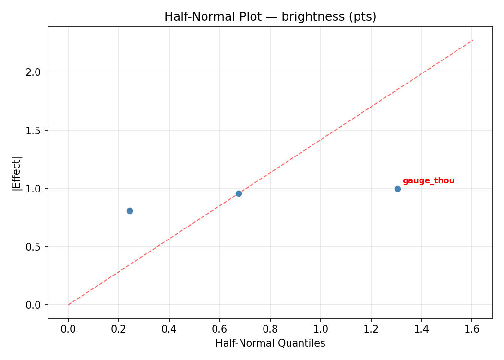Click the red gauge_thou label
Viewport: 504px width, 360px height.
click(x=428, y=181)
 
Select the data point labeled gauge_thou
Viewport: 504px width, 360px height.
click(x=397, y=189)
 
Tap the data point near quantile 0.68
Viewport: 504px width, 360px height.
click(x=239, y=193)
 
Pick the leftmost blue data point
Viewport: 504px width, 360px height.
click(x=130, y=211)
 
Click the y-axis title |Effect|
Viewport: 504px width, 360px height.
click(x=17, y=173)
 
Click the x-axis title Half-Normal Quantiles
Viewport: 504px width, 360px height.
click(x=270, y=343)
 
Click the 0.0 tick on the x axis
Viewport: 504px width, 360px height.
click(x=68, y=329)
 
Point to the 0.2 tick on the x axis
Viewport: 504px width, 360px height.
click(x=119, y=329)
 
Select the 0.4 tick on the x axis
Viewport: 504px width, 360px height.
click(x=169, y=329)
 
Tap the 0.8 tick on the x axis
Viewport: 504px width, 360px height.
click(x=270, y=329)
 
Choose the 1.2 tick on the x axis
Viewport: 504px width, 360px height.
click(x=371, y=329)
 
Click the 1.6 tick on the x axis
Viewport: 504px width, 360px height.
click(x=472, y=329)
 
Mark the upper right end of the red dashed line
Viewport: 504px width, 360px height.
click(x=473, y=40)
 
